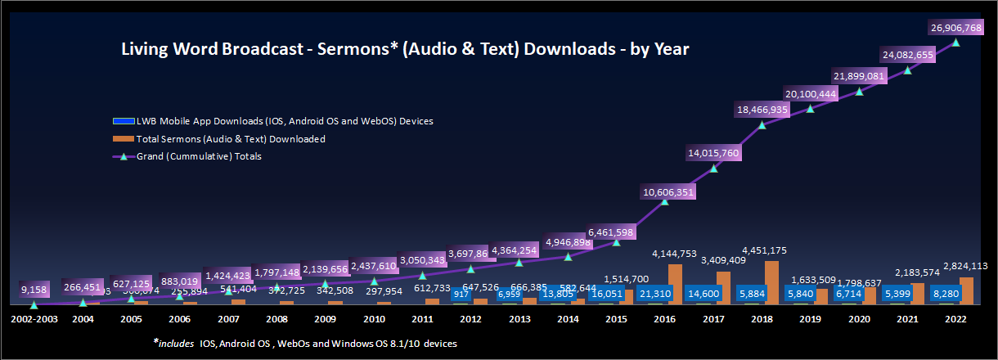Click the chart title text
coord(405,49)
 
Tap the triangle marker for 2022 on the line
coord(956,42)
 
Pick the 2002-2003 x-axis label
coord(34,317)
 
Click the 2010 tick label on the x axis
coord(374,317)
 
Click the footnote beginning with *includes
coord(304,344)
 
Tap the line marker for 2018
coord(762,125)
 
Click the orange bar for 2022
coord(965,290)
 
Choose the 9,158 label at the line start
coord(34,289)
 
